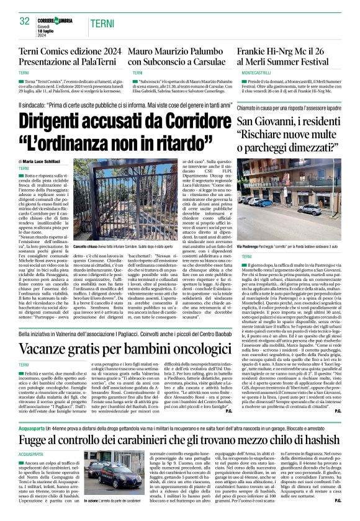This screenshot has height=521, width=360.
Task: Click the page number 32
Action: (25, 21)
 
